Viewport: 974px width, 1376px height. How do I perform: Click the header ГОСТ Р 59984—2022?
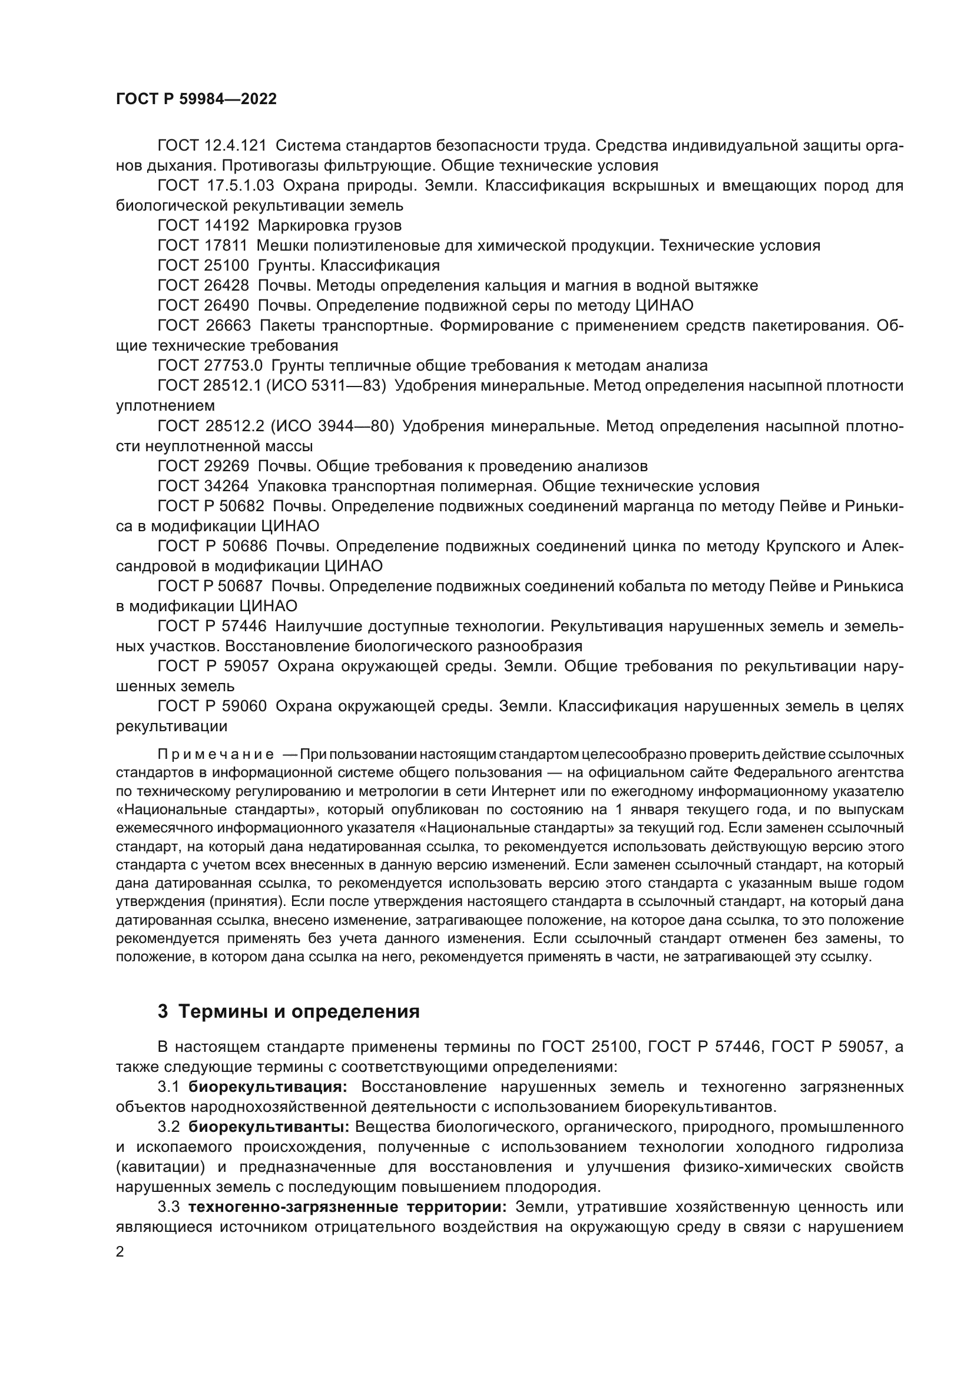196,99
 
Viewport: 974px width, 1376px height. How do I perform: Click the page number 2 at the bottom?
120,1252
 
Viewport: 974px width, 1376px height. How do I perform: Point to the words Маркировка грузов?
329,226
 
